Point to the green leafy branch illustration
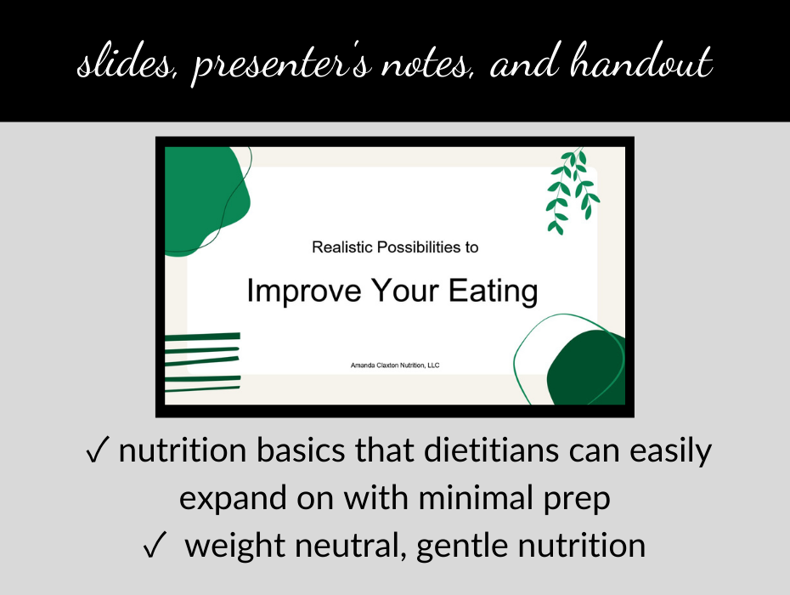tap(572, 190)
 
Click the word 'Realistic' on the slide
tap(341, 247)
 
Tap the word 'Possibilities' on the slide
tap(414, 247)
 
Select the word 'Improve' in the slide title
tap(294, 291)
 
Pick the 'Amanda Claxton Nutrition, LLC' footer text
tap(395, 365)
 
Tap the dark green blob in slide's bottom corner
tap(588, 370)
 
